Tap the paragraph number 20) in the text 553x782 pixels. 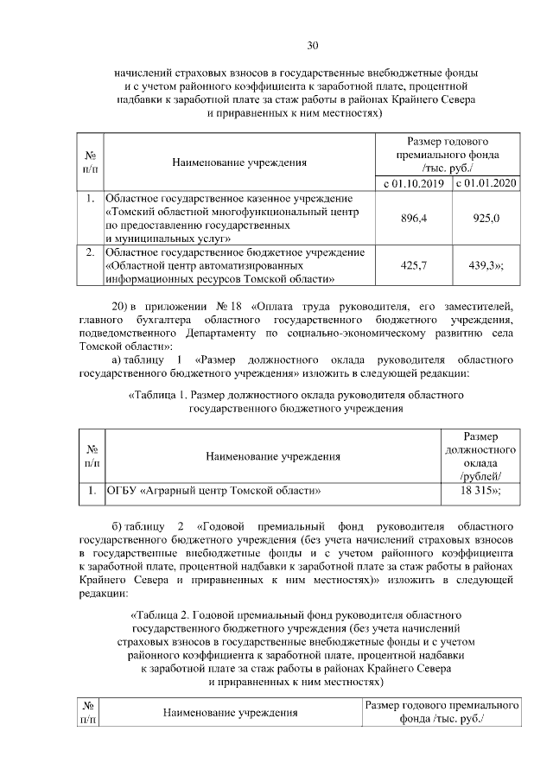point(122,306)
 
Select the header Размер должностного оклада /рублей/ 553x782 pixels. point(480,455)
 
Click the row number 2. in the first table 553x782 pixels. point(90,252)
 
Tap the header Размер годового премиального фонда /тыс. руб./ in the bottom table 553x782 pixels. point(442,712)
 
